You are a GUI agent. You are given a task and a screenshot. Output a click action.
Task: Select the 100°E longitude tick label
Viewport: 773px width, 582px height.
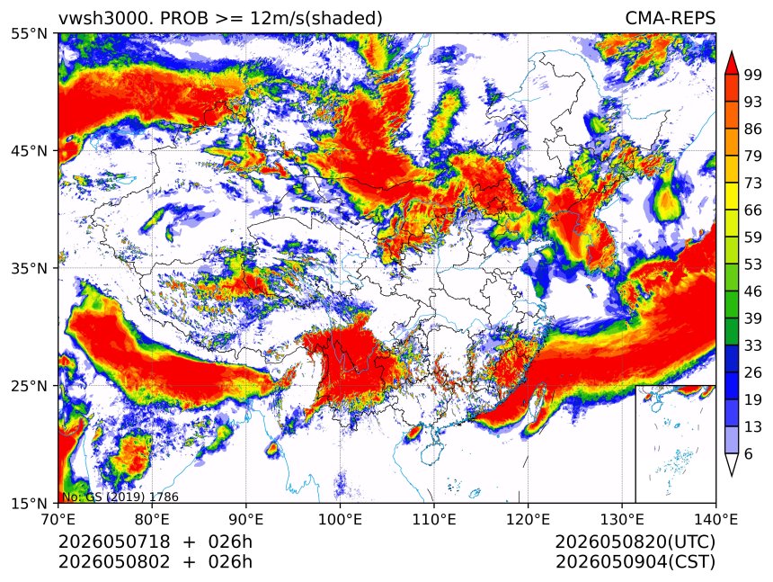(340, 519)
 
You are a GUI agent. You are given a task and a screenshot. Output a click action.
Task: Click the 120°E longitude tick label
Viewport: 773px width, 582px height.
(528, 519)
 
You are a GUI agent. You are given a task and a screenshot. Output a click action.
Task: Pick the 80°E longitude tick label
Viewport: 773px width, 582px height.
(152, 519)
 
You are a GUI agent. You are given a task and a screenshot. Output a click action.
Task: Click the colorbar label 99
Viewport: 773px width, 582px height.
(753, 75)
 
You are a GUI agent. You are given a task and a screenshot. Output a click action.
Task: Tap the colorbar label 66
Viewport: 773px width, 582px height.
(753, 210)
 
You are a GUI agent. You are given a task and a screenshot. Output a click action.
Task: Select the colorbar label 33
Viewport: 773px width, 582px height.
(753, 345)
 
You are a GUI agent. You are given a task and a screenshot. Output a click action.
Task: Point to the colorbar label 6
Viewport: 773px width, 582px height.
(749, 453)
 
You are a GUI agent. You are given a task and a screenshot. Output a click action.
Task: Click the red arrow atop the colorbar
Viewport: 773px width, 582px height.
(732, 62)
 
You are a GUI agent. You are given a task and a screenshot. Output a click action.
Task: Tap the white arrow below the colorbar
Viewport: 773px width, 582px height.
(732, 464)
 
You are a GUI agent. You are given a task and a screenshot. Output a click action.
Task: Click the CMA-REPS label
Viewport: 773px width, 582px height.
(670, 18)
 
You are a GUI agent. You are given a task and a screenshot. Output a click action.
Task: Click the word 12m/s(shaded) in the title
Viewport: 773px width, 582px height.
(316, 19)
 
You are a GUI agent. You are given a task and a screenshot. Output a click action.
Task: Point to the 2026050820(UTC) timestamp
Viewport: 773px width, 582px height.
(635, 542)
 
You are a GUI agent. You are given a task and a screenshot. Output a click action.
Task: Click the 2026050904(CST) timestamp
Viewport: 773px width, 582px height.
(635, 562)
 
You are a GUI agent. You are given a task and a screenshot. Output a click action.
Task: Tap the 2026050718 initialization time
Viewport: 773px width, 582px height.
(114, 542)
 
